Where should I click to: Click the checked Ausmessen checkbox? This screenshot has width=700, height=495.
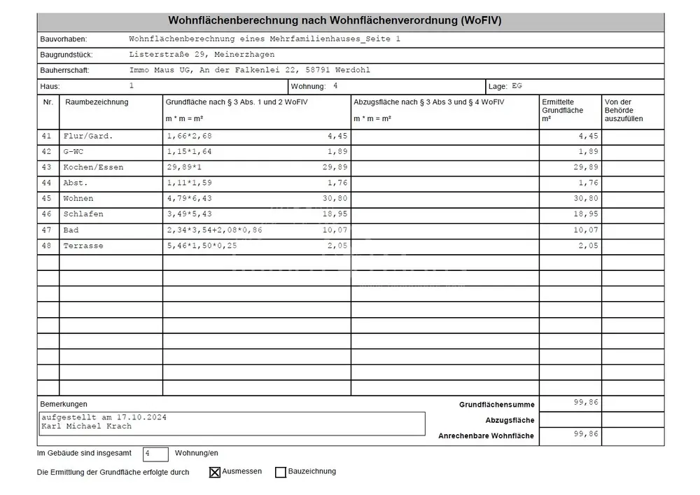tap(215, 473)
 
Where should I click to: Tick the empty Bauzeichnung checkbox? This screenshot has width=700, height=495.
tap(281, 473)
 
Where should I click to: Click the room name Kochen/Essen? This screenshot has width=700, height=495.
tap(93, 167)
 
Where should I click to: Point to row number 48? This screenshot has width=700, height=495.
tap(47, 245)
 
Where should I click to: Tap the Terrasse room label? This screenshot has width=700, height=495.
tap(83, 245)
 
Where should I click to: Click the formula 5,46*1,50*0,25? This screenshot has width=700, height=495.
tap(202, 245)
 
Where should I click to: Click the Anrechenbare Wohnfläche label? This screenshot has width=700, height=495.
tap(486, 436)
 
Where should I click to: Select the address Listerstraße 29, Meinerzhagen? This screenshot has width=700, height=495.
tap(202, 55)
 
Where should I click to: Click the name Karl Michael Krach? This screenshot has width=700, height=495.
tap(86, 426)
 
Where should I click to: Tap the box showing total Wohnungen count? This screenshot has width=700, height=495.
tap(155, 454)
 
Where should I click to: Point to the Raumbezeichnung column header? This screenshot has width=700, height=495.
tap(97, 102)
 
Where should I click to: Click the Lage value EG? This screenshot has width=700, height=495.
tap(517, 86)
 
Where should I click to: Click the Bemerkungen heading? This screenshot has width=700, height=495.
tap(64, 405)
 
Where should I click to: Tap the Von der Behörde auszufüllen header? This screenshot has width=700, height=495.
tap(623, 111)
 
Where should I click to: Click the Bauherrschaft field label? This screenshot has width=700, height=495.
tap(65, 71)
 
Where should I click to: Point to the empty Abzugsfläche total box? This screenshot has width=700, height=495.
tap(570, 420)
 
